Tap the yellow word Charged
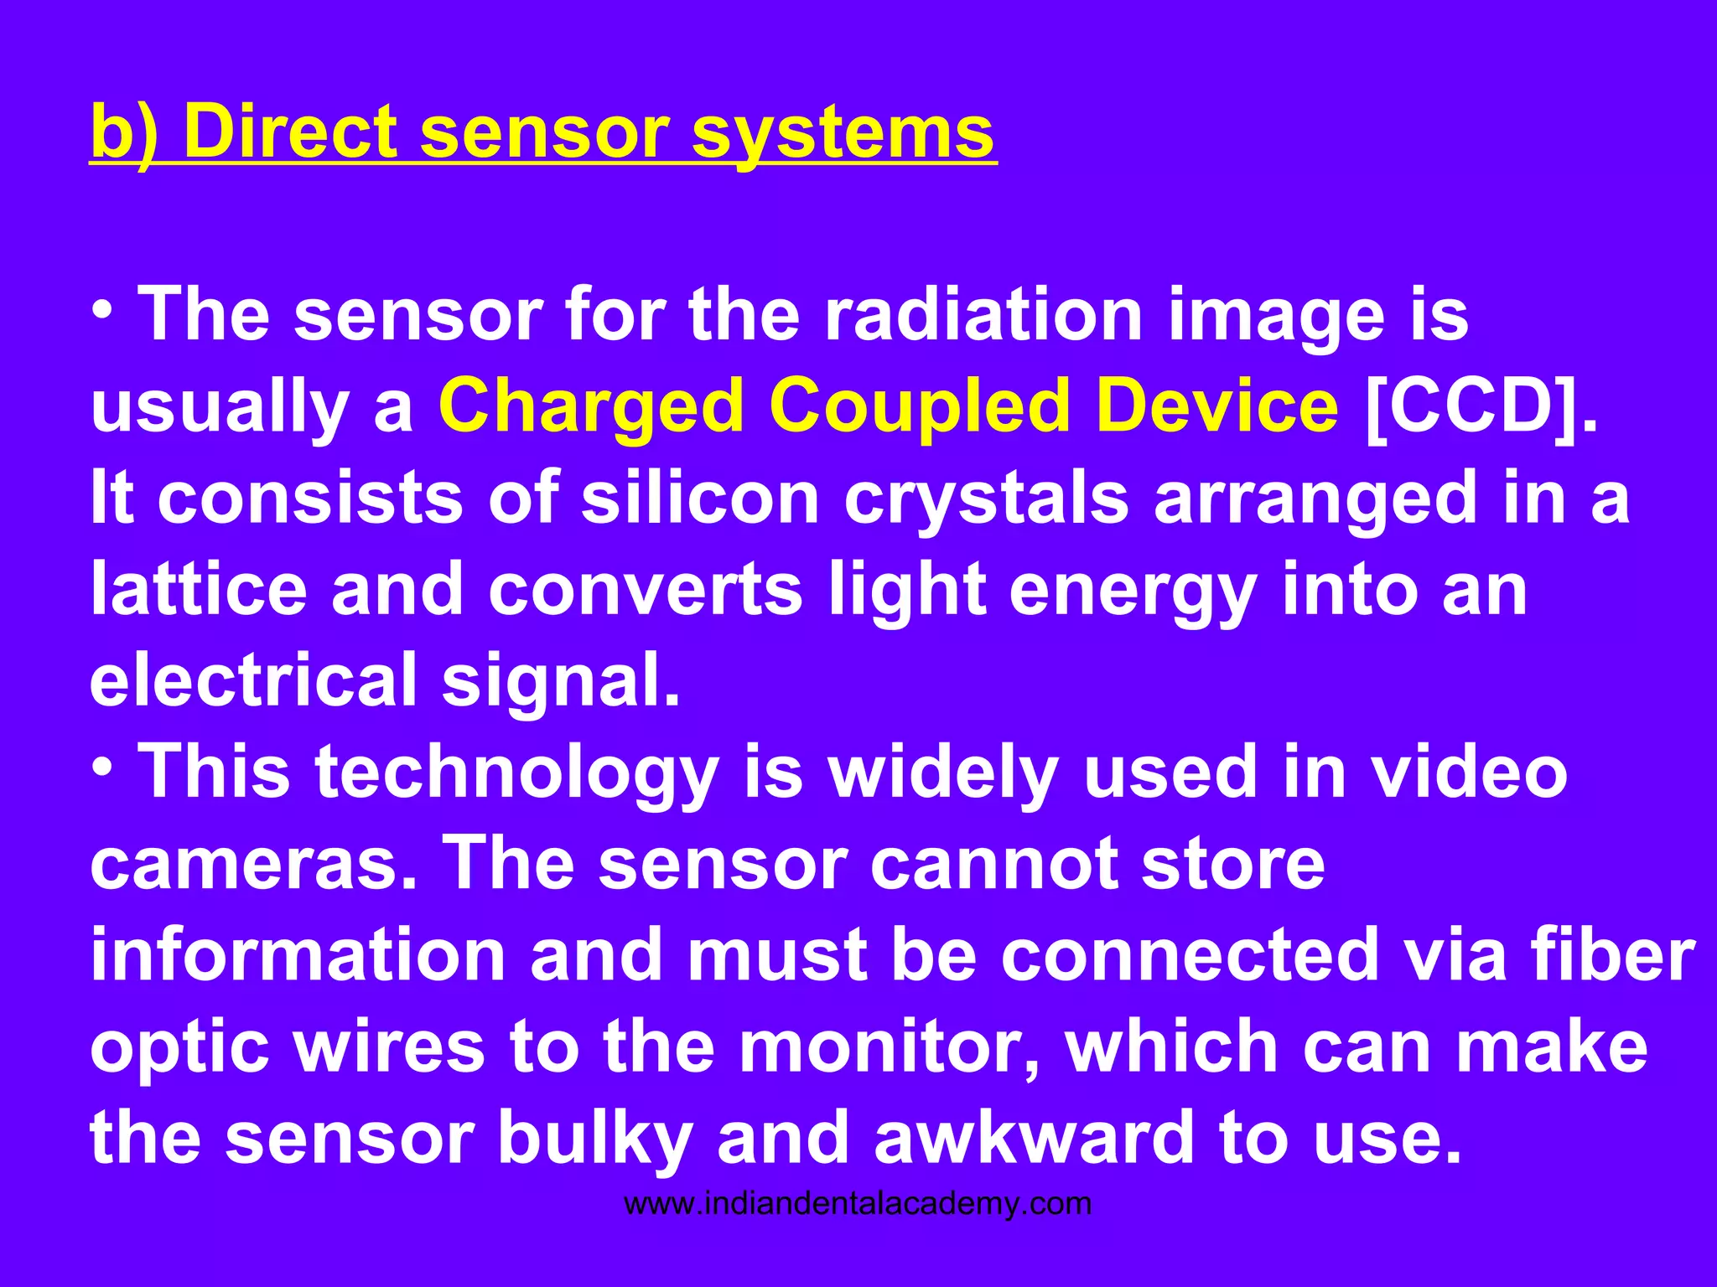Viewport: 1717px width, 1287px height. click(591, 407)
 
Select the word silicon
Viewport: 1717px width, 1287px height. click(699, 498)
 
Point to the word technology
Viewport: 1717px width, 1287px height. click(516, 773)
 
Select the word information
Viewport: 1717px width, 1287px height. click(298, 954)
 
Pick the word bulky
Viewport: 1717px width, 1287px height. click(594, 1138)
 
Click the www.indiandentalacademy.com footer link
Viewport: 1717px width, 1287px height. click(858, 1204)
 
